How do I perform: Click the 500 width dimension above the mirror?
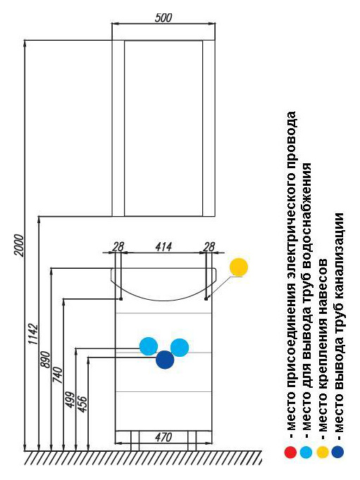[x=163, y=18]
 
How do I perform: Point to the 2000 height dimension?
[x=19, y=245]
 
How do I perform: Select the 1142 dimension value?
[x=33, y=334]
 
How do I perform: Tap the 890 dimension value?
[x=45, y=360]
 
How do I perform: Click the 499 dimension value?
[x=70, y=400]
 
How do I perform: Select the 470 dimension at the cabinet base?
[x=163, y=437]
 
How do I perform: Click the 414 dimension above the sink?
[x=163, y=247]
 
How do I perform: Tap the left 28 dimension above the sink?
[x=118, y=247]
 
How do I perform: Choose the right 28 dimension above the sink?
[x=209, y=247]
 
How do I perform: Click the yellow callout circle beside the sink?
[x=239, y=267]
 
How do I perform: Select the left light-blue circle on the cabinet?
[x=149, y=346]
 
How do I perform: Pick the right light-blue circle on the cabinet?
[x=180, y=348]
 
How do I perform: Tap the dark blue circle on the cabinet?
[x=165, y=360]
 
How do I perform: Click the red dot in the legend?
[x=290, y=452]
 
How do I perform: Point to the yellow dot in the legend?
[x=322, y=452]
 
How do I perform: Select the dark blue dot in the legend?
[x=337, y=452]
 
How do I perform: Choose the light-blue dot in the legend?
[x=306, y=452]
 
